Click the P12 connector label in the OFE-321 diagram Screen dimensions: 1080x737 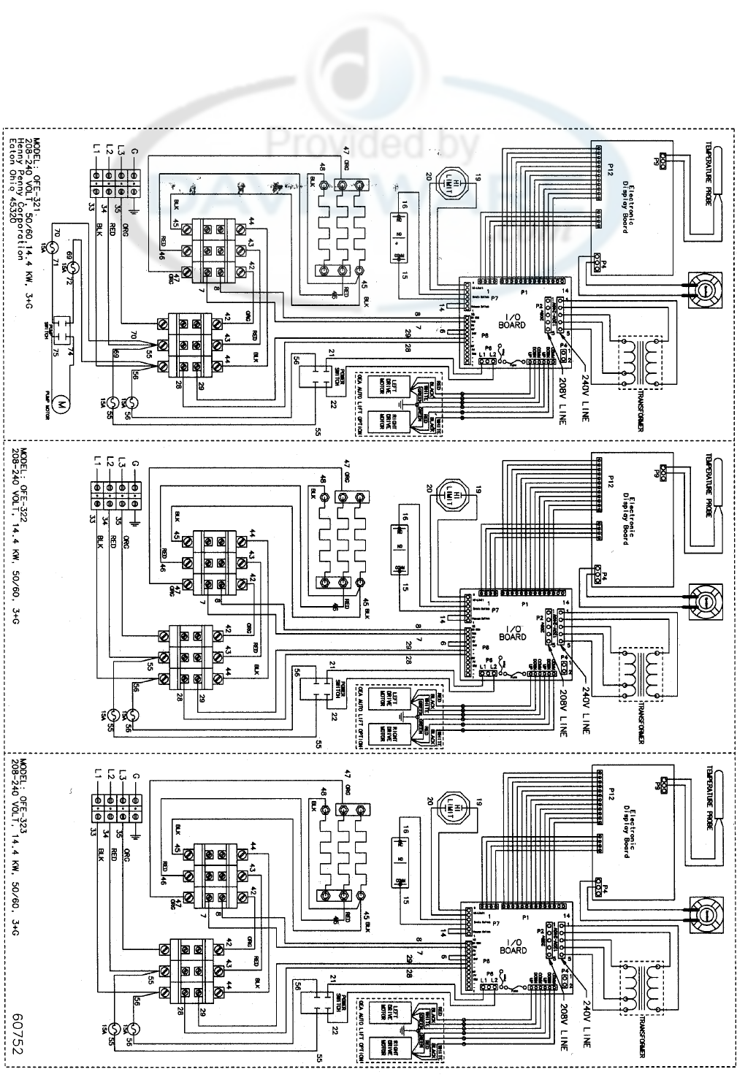pos(608,170)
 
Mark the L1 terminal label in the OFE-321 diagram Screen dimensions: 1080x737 pos(96,150)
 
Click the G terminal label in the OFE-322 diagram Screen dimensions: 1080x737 pos(135,462)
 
